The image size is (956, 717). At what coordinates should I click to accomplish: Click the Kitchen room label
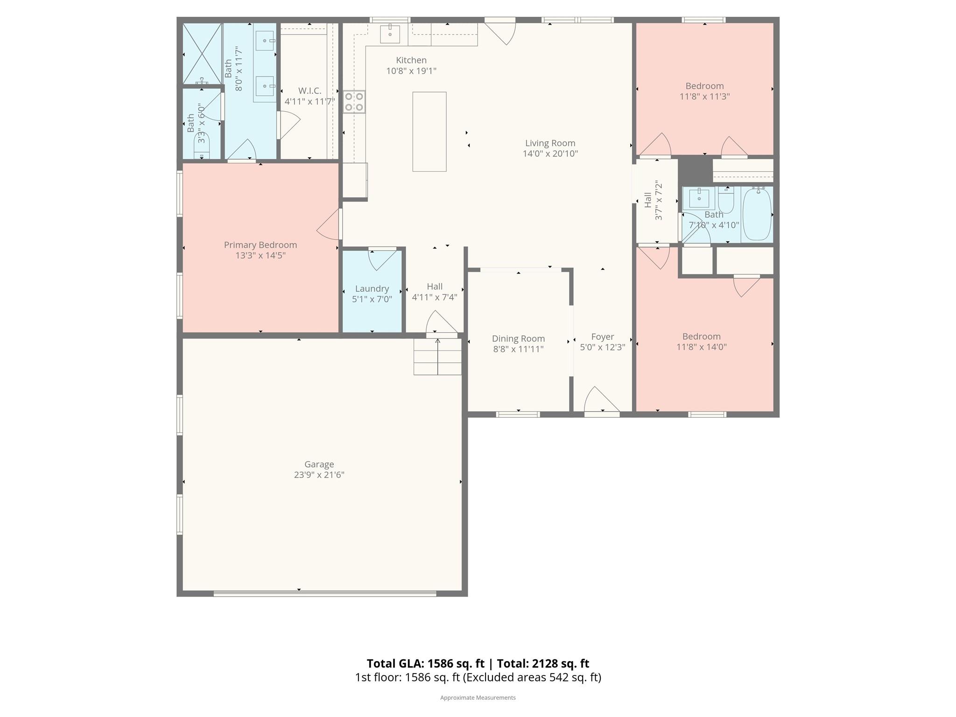411,60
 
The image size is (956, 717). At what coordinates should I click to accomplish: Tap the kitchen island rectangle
429,132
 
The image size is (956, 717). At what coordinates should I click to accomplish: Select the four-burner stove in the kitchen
354,102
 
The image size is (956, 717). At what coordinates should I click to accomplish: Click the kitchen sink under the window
390,34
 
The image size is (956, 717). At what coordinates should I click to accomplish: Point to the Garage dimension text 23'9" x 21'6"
319,475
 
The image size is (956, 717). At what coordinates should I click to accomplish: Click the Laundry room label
372,288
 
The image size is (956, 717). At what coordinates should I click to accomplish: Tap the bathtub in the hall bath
757,214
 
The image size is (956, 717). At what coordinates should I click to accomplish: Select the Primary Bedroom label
260,245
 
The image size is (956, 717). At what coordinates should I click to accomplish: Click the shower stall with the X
202,54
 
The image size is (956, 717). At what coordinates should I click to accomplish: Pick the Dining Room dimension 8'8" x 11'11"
518,349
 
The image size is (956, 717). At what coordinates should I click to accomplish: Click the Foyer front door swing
600,400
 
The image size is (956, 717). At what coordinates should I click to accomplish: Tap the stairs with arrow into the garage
437,357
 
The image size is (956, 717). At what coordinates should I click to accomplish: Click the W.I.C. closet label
309,91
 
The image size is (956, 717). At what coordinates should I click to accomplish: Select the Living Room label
550,143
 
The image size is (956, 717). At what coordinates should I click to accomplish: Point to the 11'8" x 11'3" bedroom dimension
704,97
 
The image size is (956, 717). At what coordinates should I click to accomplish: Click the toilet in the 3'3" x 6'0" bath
202,149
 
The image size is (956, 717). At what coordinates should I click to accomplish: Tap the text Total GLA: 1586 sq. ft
425,663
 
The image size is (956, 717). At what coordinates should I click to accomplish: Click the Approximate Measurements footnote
478,697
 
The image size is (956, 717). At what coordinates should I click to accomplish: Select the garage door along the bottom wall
325,593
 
